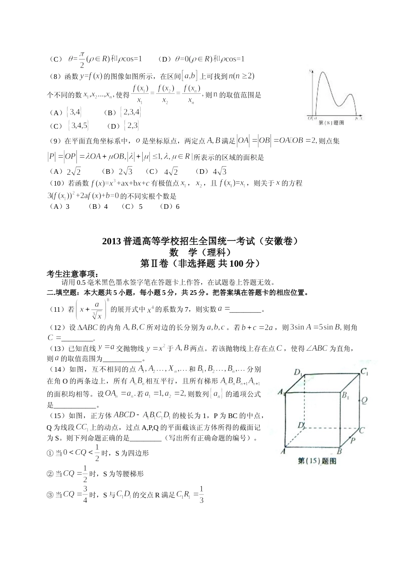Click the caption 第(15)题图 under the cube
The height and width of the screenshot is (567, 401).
pyautogui.click(x=317, y=461)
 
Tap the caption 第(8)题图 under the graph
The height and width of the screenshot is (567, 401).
pyautogui.click(x=331, y=123)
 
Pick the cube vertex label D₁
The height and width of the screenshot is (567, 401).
pyautogui.click(x=298, y=372)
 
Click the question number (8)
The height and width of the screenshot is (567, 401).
pyautogui.click(x=56, y=76)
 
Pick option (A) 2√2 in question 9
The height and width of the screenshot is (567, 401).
pyautogui.click(x=65, y=171)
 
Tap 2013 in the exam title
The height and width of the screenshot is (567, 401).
pyautogui.click(x=111, y=242)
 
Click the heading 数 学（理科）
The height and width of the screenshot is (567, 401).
pyautogui.click(x=200, y=252)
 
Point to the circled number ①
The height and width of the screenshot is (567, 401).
pyautogui.click(x=50, y=453)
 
